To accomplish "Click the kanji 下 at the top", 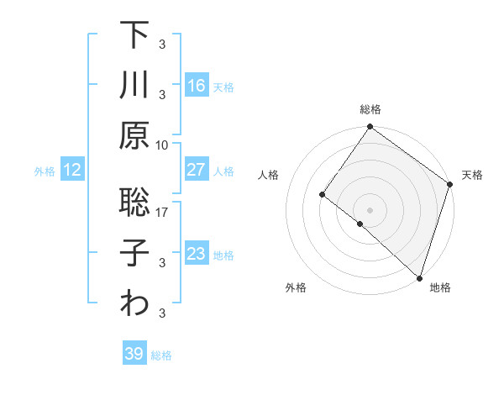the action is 134,35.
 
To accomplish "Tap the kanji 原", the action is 134,134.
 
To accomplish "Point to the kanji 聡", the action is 134,203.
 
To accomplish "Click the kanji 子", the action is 134,252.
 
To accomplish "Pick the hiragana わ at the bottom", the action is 134,303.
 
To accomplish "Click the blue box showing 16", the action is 197,86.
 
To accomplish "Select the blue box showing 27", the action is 197,170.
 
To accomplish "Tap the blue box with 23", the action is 197,254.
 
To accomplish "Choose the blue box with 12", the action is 71,170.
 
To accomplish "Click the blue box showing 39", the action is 134,354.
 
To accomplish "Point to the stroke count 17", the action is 163,213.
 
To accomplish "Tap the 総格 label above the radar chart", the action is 370,109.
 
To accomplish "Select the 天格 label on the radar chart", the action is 472,175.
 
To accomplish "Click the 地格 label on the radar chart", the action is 440,287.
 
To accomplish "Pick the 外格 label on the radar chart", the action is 296,287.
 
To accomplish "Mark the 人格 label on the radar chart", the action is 268,175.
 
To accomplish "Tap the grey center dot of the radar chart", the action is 370,209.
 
